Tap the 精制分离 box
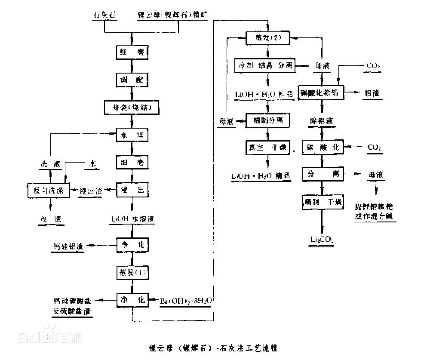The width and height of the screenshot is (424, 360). coord(267,121)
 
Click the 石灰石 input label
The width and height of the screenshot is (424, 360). coord(105,15)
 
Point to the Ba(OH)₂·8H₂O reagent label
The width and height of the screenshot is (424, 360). coord(186,299)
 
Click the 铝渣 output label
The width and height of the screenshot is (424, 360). coord(373,93)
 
